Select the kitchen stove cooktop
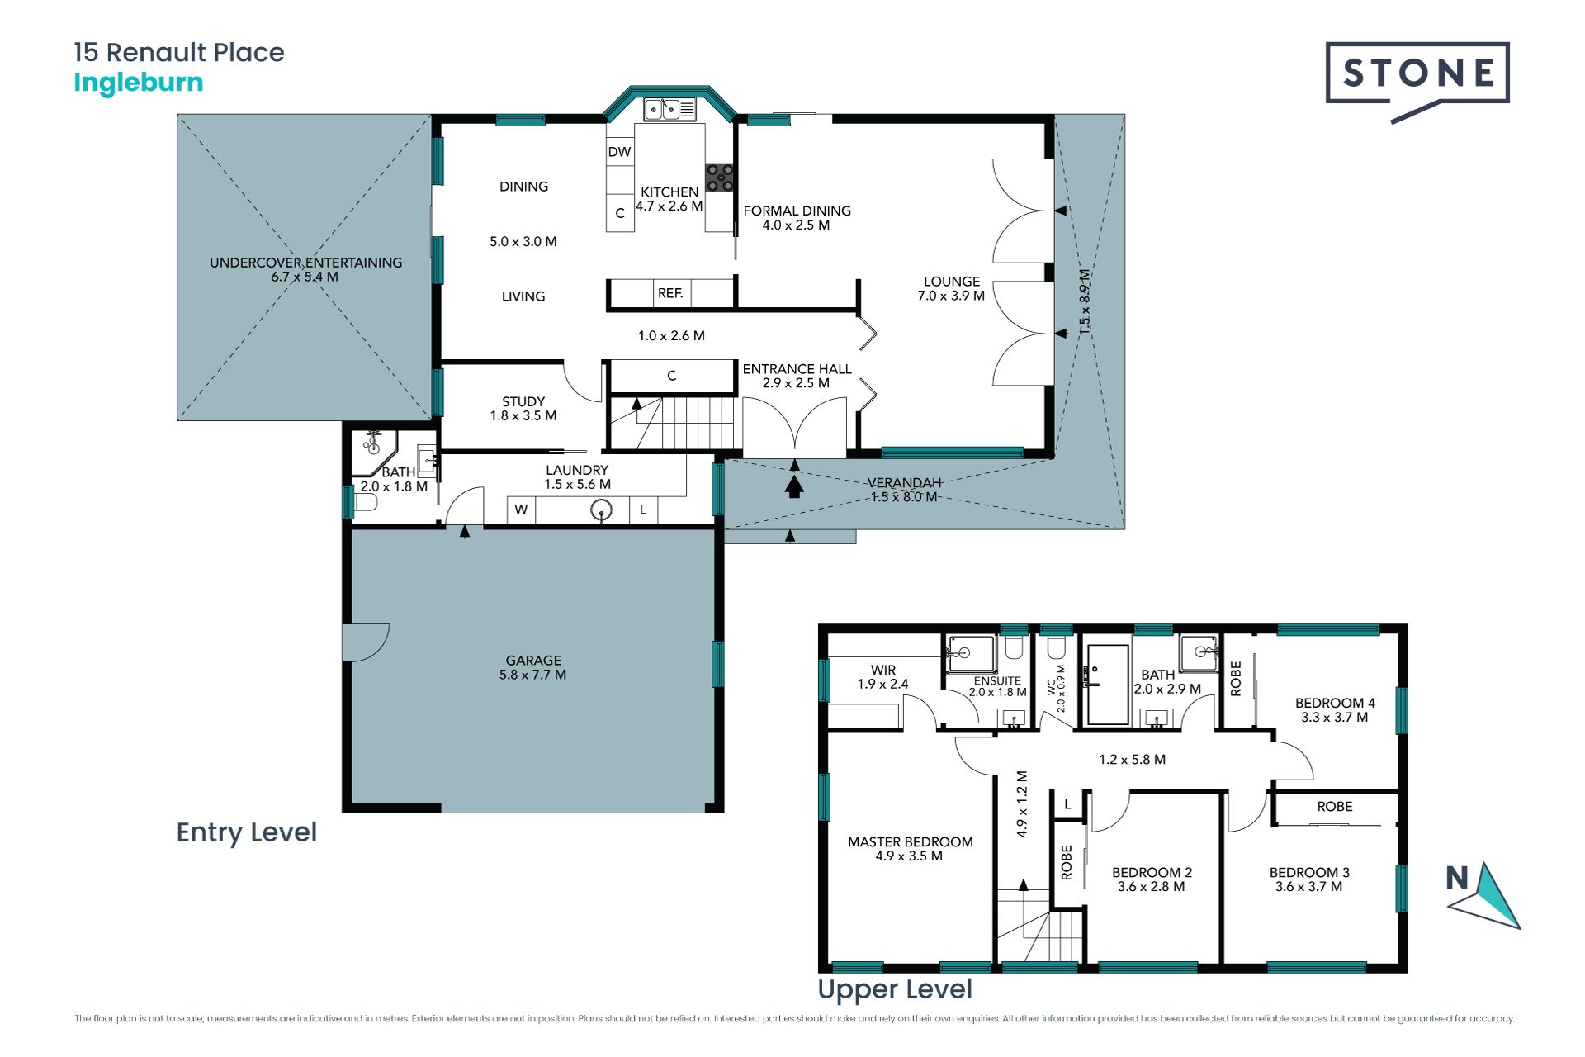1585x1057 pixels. (719, 178)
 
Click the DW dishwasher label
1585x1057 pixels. (619, 152)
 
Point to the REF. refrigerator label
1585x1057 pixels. (670, 293)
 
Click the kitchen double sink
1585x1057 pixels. (670, 109)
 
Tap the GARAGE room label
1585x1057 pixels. (533, 661)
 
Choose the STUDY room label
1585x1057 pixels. (523, 401)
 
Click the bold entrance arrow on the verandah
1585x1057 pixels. (794, 486)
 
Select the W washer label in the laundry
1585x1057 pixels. (521, 510)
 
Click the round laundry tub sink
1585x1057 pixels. (602, 510)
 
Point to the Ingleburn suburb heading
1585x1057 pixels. (139, 83)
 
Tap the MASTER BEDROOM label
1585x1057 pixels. (911, 842)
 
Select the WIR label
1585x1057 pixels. (882, 670)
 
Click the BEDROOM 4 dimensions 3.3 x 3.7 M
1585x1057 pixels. (1334, 718)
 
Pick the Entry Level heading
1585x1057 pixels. (247, 832)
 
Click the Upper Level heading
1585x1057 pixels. (895, 990)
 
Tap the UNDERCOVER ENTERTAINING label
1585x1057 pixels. (305, 263)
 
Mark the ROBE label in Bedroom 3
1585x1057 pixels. (1335, 807)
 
